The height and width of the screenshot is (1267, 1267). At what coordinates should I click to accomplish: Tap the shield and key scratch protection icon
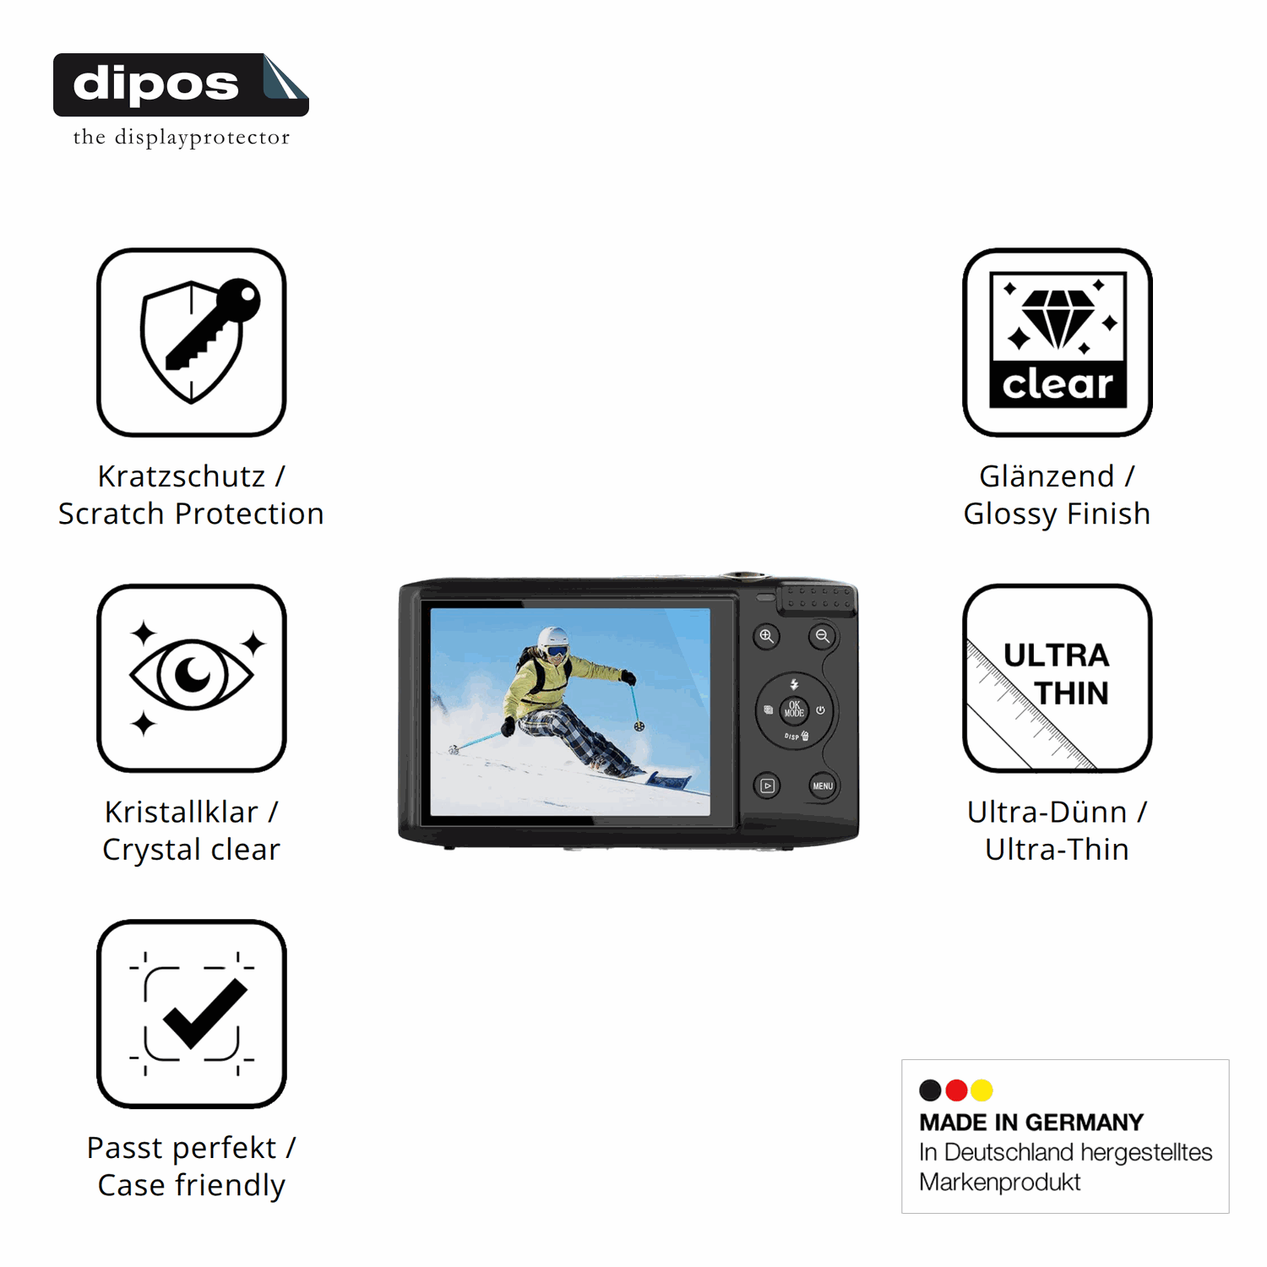[x=192, y=342]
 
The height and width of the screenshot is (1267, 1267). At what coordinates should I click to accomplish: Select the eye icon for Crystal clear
[x=192, y=677]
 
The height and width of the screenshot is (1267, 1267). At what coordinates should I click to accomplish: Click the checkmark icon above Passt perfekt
[x=192, y=1014]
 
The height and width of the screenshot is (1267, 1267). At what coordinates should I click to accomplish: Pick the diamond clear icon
[x=1058, y=342]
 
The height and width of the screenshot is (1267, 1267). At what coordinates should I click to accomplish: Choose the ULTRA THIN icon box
[x=1058, y=677]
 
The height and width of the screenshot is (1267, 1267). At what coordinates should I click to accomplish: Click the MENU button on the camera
[x=823, y=786]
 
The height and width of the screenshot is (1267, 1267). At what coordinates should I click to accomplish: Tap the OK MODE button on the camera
[x=794, y=710]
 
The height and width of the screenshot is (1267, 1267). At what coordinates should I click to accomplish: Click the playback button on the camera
[x=767, y=786]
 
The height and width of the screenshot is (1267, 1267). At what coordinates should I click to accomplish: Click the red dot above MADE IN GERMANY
[x=956, y=1090]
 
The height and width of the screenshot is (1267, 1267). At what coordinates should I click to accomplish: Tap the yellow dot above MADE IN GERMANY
[x=982, y=1090]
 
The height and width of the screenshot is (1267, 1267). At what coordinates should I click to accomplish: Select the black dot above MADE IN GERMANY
[x=930, y=1090]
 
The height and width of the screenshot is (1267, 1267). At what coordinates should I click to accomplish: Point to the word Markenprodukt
[x=1000, y=1182]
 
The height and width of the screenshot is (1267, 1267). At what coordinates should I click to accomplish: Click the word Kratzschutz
[x=182, y=476]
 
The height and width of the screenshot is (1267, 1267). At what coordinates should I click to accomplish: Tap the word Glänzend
[x=1047, y=476]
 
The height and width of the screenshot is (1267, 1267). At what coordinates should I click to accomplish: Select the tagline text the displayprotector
[x=182, y=137]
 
